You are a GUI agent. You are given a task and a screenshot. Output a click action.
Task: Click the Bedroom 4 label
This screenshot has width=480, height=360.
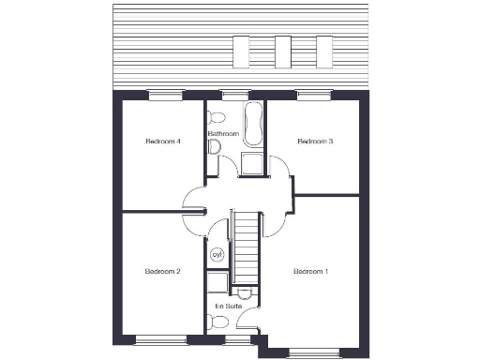point(162,142)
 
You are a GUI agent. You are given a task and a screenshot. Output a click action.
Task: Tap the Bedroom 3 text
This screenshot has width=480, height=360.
point(315,142)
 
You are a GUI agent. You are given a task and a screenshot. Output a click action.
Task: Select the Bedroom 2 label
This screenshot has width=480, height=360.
point(162,272)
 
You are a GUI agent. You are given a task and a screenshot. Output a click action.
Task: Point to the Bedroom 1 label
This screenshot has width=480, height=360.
point(310,272)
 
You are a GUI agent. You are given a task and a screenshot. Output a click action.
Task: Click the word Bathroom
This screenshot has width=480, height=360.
point(224,134)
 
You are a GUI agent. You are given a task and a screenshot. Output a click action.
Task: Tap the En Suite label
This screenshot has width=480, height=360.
point(228,306)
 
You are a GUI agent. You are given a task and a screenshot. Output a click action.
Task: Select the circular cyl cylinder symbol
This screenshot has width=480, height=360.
point(217,254)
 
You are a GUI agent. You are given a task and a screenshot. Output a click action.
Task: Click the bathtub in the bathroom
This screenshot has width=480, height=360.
point(254,125)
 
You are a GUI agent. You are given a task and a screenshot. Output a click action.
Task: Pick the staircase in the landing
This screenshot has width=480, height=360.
point(246,246)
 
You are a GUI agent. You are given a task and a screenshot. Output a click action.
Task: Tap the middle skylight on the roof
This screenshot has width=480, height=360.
point(283,49)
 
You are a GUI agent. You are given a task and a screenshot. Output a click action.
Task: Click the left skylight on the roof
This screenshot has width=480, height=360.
point(242,49)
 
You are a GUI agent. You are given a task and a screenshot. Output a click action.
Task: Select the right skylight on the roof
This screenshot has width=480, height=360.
point(324,49)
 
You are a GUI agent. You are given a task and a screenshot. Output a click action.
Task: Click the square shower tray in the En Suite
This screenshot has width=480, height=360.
point(217,283)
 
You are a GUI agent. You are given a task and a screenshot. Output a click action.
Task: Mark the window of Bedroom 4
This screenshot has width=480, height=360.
point(165,95)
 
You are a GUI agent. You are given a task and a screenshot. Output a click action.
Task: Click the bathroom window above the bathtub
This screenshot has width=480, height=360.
point(235,95)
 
